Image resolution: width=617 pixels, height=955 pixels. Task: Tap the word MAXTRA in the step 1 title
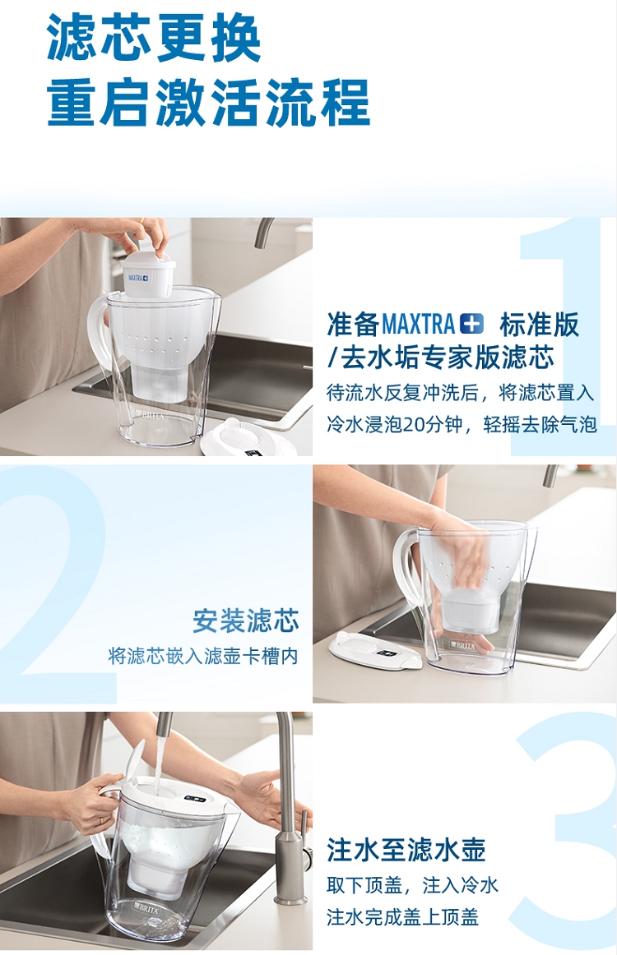[418, 324]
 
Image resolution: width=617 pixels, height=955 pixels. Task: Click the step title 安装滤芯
[246, 621]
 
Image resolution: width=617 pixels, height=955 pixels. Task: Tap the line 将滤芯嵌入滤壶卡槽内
[203, 656]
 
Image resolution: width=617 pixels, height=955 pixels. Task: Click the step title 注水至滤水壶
[406, 849]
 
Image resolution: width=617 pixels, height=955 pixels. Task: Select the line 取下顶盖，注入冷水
[412, 885]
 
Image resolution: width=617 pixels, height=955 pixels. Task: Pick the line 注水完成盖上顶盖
[402, 916]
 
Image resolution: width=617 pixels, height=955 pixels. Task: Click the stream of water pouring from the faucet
[158, 760]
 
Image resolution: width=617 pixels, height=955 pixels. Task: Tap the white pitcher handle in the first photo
[99, 335]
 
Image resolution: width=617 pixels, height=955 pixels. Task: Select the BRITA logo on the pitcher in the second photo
[463, 645]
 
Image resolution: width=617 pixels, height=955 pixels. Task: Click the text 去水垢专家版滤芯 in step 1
[447, 358]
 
